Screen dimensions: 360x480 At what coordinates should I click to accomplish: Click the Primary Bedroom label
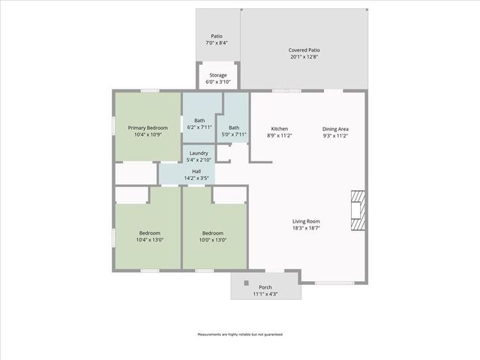pos(148,128)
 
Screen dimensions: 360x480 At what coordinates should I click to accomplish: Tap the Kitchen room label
pos(279,129)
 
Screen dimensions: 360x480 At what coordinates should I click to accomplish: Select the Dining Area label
pos(335,129)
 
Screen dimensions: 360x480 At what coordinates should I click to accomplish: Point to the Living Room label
pos(306,221)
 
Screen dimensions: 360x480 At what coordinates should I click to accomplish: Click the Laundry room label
pos(199,153)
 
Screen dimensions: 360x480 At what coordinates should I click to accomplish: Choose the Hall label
pos(196,172)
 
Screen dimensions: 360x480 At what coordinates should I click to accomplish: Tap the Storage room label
pos(218,75)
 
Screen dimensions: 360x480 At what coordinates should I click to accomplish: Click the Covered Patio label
pos(304,49)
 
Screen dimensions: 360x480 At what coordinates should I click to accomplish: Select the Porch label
pos(265,287)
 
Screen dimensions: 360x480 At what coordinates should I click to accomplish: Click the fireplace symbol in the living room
pos(358,209)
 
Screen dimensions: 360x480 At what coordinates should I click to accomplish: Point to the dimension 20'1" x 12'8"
pos(304,56)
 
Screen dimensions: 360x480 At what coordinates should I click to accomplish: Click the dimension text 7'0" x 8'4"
pos(217,43)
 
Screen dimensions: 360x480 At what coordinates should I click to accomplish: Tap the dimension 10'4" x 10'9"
pos(148,135)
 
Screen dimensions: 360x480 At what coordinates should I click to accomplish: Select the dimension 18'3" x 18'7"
pos(306,228)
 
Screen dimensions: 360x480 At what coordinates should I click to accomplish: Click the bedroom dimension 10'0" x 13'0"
pos(212,240)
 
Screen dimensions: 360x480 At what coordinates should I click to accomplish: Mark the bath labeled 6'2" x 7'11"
pos(199,124)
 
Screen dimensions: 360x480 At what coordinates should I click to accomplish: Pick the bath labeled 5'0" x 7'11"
pos(234,130)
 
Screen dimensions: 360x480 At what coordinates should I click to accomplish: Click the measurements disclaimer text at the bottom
pos(240,334)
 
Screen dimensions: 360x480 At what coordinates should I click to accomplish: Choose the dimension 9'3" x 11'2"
pos(335,136)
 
